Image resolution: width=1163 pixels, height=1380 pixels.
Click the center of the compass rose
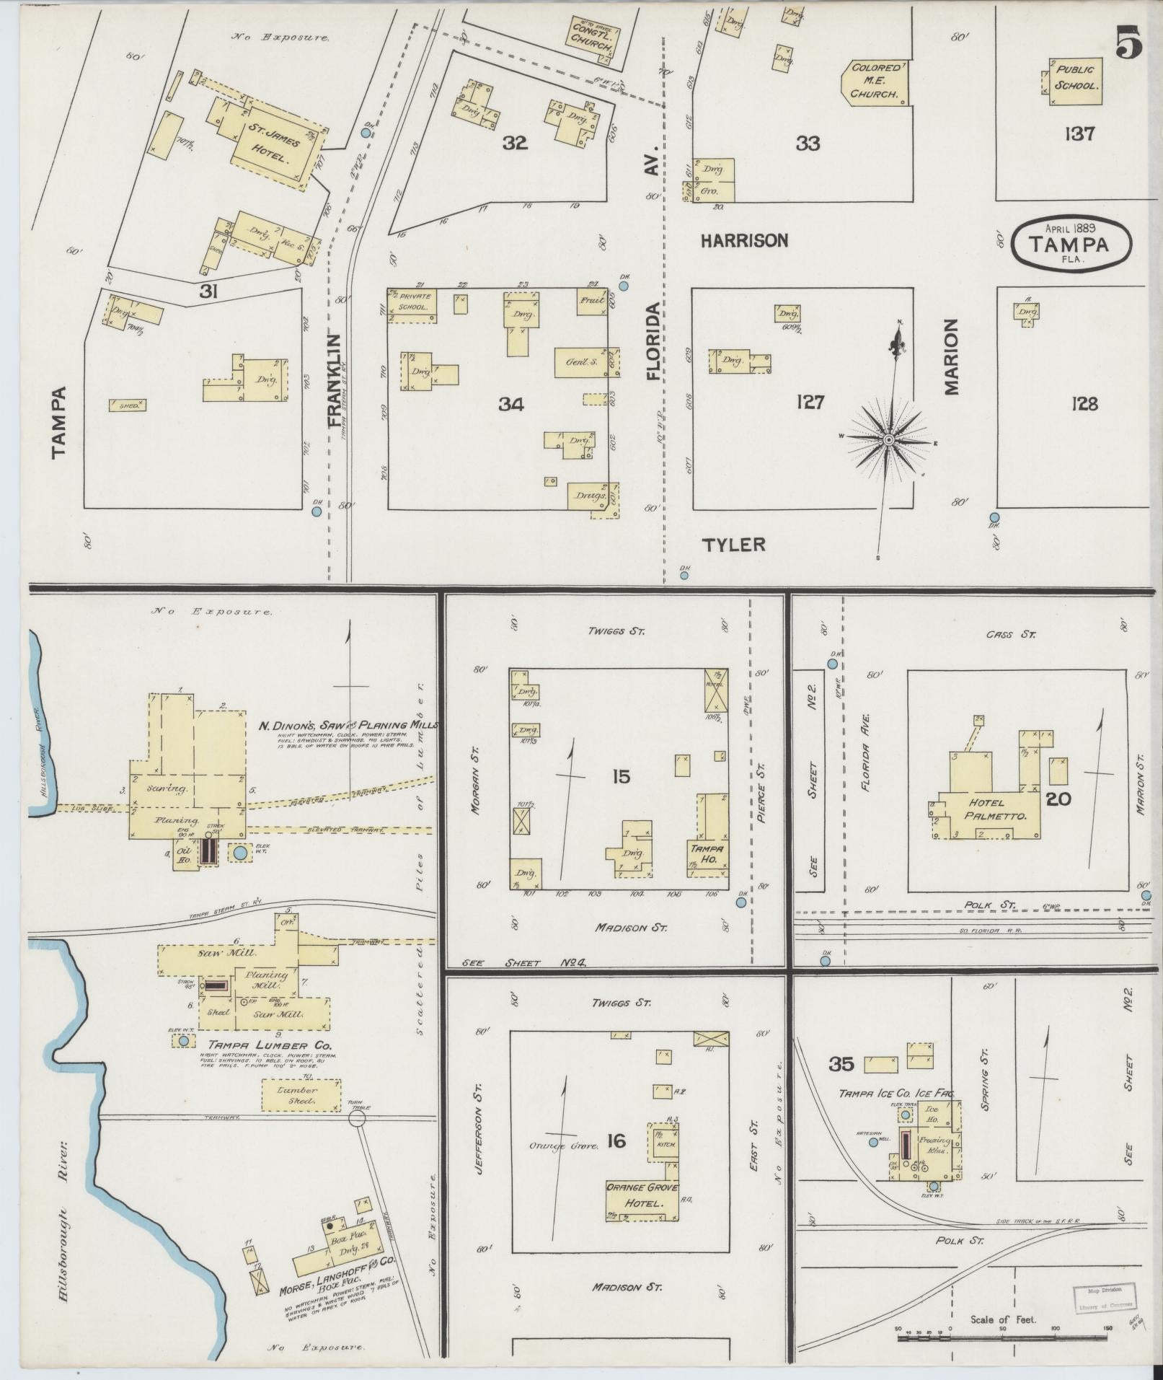(889, 439)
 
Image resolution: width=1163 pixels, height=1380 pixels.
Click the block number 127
(810, 401)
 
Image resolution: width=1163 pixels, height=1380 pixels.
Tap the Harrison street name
(745, 241)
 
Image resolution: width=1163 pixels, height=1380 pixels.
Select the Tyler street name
(734, 545)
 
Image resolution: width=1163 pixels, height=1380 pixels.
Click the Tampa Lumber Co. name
(270, 1044)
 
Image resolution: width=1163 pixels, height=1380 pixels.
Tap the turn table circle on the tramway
(357, 1118)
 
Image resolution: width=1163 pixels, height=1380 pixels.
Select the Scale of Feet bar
(1002, 1337)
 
